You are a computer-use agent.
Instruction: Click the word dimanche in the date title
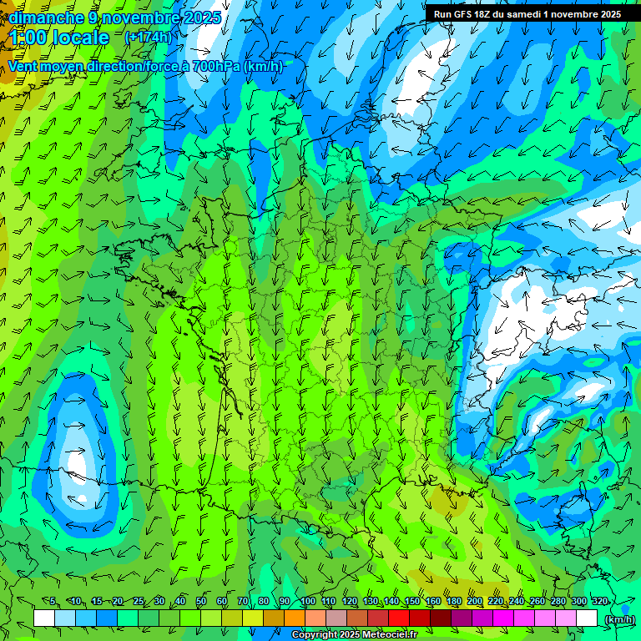[45, 17]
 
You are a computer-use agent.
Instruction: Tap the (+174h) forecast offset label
[148, 37]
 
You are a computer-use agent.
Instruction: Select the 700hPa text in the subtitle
[215, 67]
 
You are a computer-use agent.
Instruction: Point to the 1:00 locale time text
[59, 38]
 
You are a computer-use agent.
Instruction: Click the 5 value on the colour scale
[53, 601]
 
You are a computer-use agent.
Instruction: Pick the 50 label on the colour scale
[201, 601]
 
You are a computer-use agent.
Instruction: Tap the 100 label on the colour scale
[307, 601]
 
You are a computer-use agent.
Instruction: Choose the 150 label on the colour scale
[412, 601]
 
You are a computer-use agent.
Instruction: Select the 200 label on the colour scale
[475, 601]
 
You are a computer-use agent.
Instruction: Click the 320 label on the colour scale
[600, 601]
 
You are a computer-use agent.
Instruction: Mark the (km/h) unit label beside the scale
[619, 619]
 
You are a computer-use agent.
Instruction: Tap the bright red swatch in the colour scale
[399, 618]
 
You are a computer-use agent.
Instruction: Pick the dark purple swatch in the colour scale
[462, 618]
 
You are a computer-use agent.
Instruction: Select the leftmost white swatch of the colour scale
[44, 618]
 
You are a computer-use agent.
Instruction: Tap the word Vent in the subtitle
[23, 67]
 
